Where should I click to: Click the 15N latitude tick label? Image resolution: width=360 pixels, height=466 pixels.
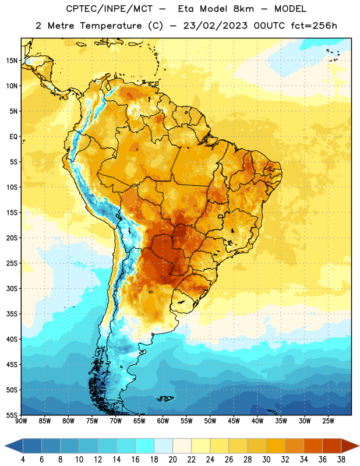point(12,61)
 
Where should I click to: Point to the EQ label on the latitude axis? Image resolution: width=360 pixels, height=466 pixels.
point(13,137)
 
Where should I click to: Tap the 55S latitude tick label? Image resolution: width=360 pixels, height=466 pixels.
point(12,415)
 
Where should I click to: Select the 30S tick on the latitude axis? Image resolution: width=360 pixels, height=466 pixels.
point(12,288)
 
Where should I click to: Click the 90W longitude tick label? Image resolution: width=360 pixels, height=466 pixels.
point(21,421)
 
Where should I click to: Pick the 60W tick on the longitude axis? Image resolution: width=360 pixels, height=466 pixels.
point(163,421)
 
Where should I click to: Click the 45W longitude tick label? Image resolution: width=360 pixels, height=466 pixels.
point(234,421)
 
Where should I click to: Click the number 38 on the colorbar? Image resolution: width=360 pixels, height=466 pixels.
point(341,460)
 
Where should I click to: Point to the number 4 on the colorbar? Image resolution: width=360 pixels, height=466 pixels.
point(23,460)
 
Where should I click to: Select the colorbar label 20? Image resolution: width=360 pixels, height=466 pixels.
point(172,460)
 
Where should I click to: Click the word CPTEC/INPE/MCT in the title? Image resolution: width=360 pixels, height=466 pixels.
point(109,9)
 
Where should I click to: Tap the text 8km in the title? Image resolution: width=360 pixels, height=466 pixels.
point(243,9)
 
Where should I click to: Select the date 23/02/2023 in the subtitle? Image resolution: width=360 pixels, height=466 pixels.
point(215,26)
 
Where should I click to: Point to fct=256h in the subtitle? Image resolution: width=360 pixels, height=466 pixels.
point(314,26)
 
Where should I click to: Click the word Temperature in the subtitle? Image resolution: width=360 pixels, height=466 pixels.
point(111,26)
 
